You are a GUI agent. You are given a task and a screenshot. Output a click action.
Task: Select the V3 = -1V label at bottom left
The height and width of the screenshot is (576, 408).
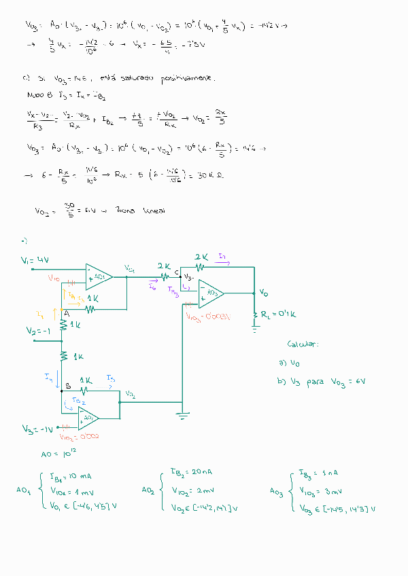click(x=37, y=429)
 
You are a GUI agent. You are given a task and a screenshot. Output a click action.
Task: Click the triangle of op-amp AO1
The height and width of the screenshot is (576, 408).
click(x=99, y=277)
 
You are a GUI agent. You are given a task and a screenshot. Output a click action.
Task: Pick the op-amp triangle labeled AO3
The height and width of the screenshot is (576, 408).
click(x=211, y=293)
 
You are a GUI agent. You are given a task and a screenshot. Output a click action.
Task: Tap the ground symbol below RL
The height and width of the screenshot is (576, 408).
click(x=256, y=327)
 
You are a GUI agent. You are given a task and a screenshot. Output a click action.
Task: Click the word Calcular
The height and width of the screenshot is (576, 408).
click(x=303, y=344)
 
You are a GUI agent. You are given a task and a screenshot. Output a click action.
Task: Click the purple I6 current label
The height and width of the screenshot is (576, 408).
click(x=152, y=288)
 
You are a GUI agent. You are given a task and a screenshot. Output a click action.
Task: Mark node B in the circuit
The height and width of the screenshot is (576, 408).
click(x=67, y=386)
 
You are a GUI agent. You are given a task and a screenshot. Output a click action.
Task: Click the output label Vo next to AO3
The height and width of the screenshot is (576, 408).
click(x=263, y=293)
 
